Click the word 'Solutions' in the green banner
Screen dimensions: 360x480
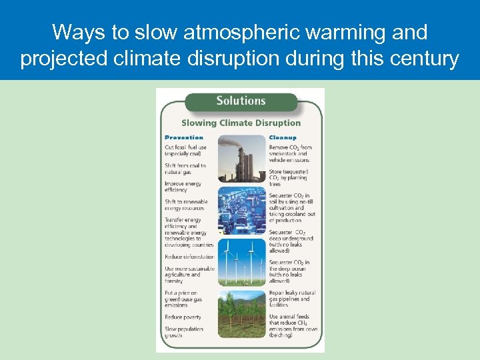coord(241,101)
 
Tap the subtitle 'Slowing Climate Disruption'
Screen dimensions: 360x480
coord(241,123)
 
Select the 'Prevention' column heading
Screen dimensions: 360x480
coord(184,137)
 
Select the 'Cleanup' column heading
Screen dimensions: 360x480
coord(283,137)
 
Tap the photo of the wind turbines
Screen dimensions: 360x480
coord(241,261)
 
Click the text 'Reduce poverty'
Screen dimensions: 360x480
coord(183,317)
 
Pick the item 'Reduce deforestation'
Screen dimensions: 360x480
coord(189,257)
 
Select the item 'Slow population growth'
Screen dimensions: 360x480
coord(183,332)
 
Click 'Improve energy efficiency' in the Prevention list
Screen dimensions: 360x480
coord(183,187)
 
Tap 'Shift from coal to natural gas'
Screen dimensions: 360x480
coord(185,169)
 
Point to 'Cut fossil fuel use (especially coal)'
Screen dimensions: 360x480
coord(185,151)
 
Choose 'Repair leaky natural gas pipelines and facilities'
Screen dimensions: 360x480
coord(292,299)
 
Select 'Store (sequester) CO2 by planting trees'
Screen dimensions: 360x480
coord(289,177)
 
